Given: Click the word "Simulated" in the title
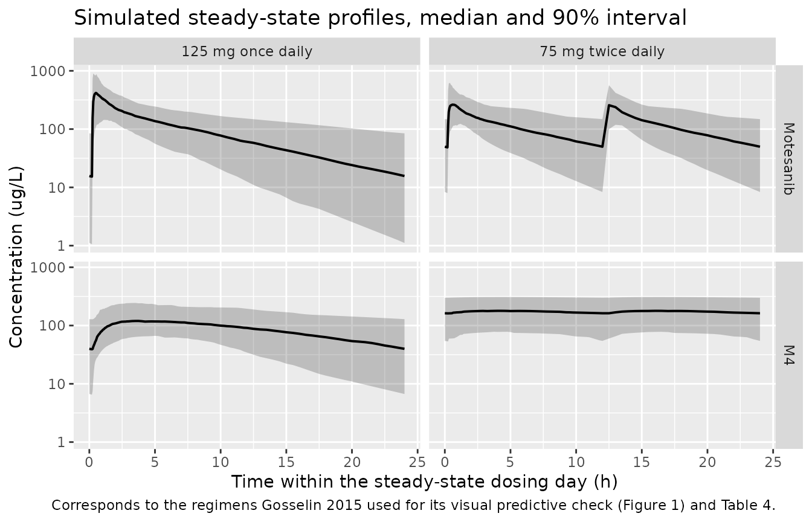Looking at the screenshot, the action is [x=127, y=18].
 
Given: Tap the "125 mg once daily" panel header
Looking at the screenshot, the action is [x=247, y=51].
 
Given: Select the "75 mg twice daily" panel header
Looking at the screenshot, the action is [x=602, y=51].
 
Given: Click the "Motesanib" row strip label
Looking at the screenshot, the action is [x=789, y=159].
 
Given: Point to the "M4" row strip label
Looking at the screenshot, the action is [x=789, y=355].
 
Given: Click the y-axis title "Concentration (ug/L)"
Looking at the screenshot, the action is [x=16, y=257].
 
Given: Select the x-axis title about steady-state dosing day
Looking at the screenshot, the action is [x=424, y=482].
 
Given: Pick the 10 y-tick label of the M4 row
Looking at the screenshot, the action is [x=56, y=384].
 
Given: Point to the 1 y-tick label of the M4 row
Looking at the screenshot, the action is [x=60, y=442].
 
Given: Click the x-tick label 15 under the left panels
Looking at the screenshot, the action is [x=286, y=462].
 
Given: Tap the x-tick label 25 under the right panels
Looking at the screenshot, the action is [x=773, y=462].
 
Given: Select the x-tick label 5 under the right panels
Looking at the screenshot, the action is [x=511, y=462].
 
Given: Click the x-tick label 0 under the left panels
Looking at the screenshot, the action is [x=89, y=462].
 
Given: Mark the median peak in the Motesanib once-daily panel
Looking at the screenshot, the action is [x=96, y=93].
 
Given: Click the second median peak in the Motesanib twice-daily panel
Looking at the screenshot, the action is [x=609, y=105].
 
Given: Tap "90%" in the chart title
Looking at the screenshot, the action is [x=576, y=18].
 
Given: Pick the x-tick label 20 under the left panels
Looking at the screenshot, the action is [x=352, y=462].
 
